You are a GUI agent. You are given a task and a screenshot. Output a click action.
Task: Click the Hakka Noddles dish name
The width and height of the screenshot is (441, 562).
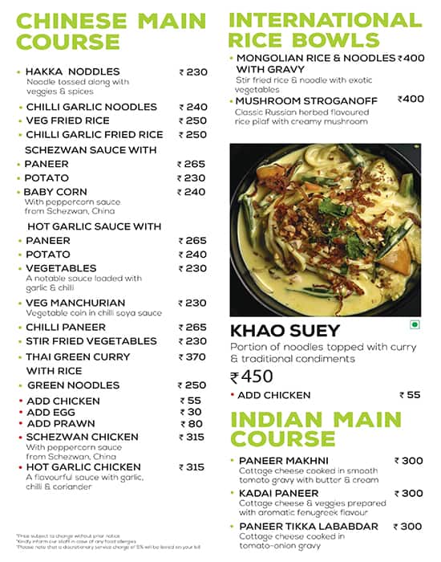pos(72,71)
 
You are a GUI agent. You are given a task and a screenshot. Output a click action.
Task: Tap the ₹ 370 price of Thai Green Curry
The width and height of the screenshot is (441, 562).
pos(192,356)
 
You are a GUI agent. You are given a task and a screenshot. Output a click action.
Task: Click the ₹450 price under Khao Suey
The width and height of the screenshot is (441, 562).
pos(252,377)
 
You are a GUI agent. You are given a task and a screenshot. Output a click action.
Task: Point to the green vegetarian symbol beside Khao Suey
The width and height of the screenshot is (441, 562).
pos(415,325)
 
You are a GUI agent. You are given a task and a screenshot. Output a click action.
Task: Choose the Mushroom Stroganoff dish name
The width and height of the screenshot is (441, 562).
pos(294,100)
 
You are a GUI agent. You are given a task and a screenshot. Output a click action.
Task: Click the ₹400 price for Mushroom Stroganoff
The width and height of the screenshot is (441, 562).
pos(411,99)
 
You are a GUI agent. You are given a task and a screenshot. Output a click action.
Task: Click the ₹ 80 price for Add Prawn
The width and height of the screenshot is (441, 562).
pos(192,424)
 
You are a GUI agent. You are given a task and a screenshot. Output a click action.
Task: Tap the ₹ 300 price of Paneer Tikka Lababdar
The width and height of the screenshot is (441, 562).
pos(408,526)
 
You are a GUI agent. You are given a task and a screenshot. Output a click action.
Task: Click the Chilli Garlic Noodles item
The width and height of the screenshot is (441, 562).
pos(91,107)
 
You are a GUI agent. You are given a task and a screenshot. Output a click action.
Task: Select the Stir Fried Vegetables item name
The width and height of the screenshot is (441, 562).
pos(91,341)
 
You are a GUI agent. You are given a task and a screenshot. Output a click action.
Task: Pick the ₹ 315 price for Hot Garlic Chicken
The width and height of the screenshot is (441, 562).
pos(192,466)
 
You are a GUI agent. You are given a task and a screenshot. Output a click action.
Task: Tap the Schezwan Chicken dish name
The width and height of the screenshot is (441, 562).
pos(82,437)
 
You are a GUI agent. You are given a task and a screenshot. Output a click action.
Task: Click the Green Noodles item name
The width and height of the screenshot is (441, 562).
pos(73,385)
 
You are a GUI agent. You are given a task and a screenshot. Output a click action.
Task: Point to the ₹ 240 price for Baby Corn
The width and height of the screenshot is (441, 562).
pos(192,192)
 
